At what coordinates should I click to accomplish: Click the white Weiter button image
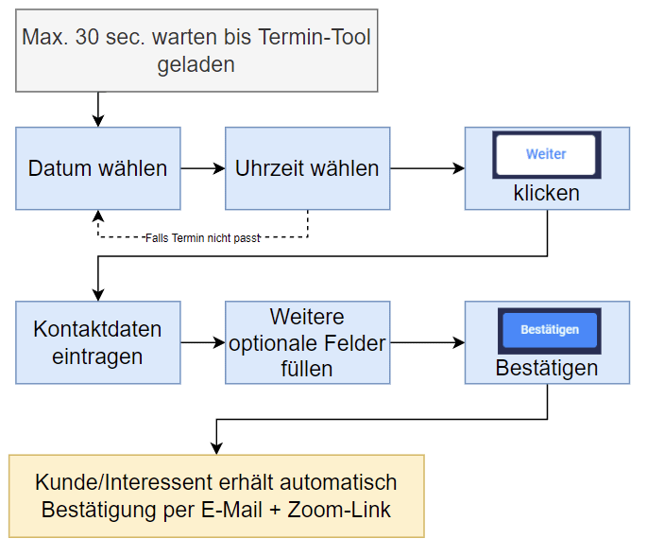(x=546, y=155)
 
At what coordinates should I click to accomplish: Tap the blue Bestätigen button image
(x=549, y=331)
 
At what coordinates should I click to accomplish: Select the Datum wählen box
(x=98, y=168)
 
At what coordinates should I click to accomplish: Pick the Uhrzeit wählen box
(x=307, y=168)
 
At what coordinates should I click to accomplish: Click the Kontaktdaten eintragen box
(x=98, y=342)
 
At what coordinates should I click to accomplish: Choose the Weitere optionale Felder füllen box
(x=307, y=342)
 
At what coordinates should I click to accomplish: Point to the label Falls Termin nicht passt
(x=203, y=238)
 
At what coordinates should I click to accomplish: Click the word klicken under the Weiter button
(x=546, y=193)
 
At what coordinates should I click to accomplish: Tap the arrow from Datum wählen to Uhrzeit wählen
(x=203, y=168)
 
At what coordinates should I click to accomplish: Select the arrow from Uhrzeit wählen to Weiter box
(x=428, y=168)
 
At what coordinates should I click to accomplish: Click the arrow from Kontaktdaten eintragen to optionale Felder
(x=203, y=342)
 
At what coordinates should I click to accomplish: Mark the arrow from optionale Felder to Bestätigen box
(x=428, y=342)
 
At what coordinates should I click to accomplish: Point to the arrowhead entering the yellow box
(x=216, y=449)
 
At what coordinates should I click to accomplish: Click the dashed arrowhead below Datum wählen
(x=98, y=216)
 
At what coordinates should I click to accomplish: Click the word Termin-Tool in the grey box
(x=315, y=37)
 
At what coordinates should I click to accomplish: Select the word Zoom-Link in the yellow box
(x=339, y=510)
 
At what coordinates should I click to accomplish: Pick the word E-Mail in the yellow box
(x=232, y=510)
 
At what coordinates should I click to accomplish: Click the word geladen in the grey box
(x=196, y=65)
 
